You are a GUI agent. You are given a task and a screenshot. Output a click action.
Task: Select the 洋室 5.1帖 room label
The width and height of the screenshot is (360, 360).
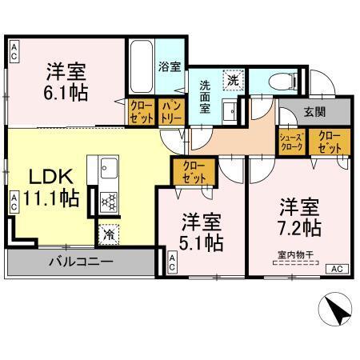(x=200, y=230)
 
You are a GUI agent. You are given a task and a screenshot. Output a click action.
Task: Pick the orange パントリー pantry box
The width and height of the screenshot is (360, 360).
(x=170, y=111)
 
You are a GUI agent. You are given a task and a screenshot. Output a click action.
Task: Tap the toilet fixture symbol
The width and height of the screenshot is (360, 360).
(x=277, y=80)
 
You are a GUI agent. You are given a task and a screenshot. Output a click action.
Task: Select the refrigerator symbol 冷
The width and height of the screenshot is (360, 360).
(x=107, y=234)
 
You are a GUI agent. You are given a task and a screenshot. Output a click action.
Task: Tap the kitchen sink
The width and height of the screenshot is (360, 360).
(x=108, y=169)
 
